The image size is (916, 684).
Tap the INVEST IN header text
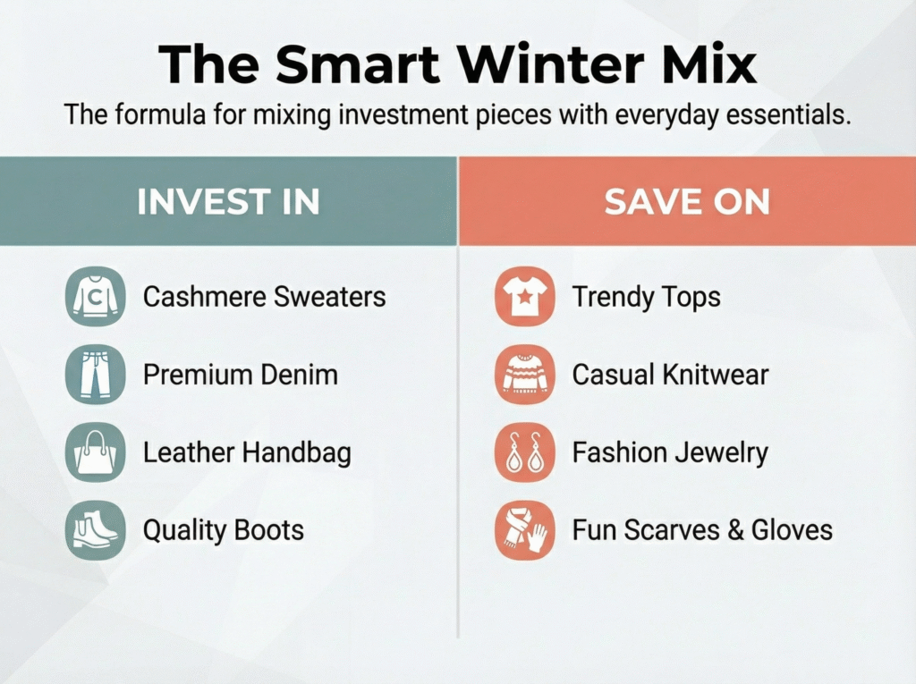click(x=228, y=202)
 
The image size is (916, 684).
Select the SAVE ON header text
click(x=687, y=202)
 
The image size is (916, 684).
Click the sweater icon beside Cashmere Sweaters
click(x=96, y=297)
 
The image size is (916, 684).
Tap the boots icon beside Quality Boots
click(x=96, y=530)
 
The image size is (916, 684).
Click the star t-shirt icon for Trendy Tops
click(x=524, y=297)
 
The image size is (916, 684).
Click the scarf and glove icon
click(x=524, y=530)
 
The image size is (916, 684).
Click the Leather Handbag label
click(x=247, y=452)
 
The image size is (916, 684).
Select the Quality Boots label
click(x=224, y=530)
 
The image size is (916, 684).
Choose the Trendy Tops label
click(x=647, y=297)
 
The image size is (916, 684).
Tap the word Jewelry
click(x=722, y=452)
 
